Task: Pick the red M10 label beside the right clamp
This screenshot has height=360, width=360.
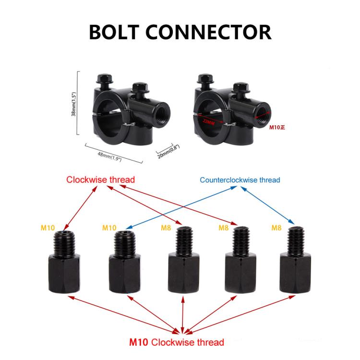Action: pyautogui.click(x=277, y=128)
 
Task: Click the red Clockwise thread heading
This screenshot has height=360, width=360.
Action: pyautogui.click(x=100, y=180)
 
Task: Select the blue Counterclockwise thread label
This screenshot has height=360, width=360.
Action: pyautogui.click(x=240, y=180)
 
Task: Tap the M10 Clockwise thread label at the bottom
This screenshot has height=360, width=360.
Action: pyautogui.click(x=177, y=342)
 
